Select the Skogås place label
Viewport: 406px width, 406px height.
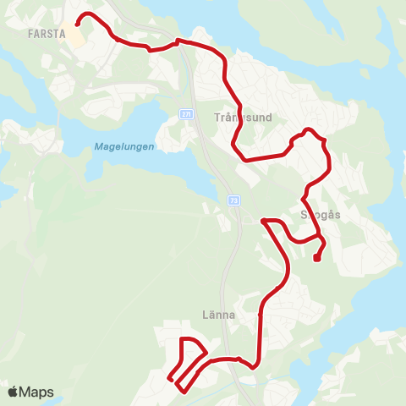tap(321, 215)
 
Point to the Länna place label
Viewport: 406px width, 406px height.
tap(244, 314)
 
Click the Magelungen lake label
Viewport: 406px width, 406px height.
tap(123, 146)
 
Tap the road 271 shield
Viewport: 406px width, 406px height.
tap(185, 112)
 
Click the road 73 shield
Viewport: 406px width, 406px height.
tap(233, 200)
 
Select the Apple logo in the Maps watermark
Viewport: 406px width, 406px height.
tap(13, 392)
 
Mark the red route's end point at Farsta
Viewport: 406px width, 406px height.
tap(78, 24)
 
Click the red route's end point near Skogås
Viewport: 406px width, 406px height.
tap(315, 259)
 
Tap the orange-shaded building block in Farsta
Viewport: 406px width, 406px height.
tap(78, 39)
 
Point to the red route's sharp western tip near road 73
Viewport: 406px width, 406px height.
tap(263, 221)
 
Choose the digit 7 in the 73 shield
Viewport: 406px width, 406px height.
tap(230, 200)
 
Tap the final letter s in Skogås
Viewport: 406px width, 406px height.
tap(337, 215)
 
